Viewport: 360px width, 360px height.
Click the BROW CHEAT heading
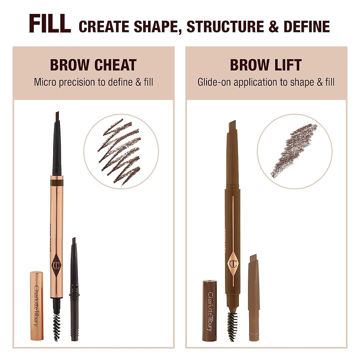coord(93,65)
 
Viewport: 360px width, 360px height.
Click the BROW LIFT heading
coord(266,65)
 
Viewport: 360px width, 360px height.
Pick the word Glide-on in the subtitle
coord(213,82)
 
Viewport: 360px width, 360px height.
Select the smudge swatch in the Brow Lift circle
coord(294,150)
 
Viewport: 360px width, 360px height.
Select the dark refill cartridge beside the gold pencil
coord(74,288)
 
